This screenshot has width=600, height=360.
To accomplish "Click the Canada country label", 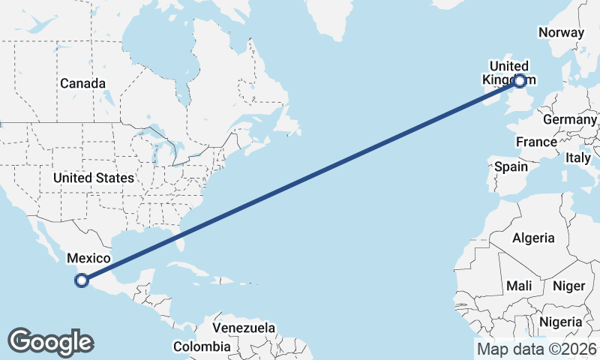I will pyautogui.click(x=82, y=83).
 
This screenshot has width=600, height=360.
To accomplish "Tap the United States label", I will pyautogui.click(x=94, y=178).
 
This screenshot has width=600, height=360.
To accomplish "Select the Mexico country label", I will pyautogui.click(x=88, y=258).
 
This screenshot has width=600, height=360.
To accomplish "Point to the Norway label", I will pyautogui.click(x=561, y=32).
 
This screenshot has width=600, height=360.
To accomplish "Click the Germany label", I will pyautogui.click(x=569, y=120).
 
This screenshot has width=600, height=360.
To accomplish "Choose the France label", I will pyautogui.click(x=536, y=142).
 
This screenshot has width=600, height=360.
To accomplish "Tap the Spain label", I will pyautogui.click(x=511, y=166).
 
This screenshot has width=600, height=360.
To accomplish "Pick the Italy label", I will pyautogui.click(x=577, y=157).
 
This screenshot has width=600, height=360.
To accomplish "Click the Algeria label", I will pyautogui.click(x=533, y=238).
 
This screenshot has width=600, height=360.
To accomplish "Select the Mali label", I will pyautogui.click(x=519, y=286).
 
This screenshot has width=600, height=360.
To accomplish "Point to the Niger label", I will pyautogui.click(x=568, y=286).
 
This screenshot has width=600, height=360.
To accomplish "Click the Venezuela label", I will pyautogui.click(x=244, y=328).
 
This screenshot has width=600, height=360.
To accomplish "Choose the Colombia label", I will pyautogui.click(x=202, y=346).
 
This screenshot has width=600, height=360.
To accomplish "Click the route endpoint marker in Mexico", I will pyautogui.click(x=82, y=281).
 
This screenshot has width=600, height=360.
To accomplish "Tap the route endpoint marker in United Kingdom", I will pyautogui.click(x=520, y=79).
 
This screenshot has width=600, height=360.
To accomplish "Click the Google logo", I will pyautogui.click(x=49, y=341).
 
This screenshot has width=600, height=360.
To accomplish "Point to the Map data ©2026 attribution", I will pyautogui.click(x=537, y=349).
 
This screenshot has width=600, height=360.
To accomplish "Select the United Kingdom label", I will pyautogui.click(x=509, y=72).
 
